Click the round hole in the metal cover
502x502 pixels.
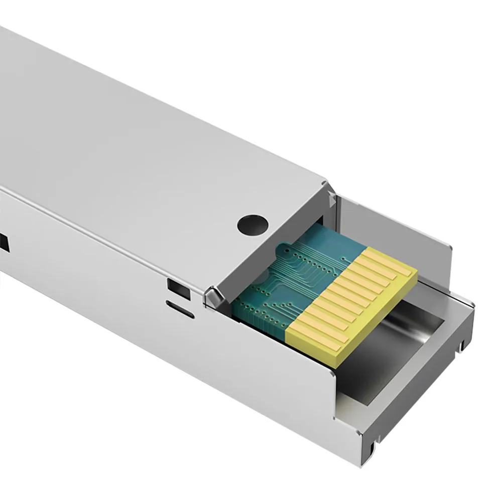(253, 224)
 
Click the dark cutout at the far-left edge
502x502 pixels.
(4, 242)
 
